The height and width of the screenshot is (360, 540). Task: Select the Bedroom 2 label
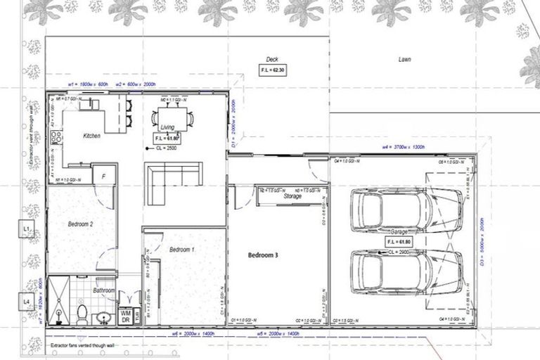(x=81, y=224)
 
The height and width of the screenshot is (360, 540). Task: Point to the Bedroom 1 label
(x=182, y=250)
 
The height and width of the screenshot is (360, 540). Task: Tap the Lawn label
(x=404, y=60)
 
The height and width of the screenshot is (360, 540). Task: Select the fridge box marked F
(x=103, y=175)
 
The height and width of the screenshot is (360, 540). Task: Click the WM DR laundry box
(x=126, y=316)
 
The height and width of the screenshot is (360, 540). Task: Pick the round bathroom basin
(x=104, y=317)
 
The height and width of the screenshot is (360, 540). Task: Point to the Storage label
(x=292, y=197)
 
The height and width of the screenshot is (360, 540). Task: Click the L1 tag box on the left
(x=25, y=230)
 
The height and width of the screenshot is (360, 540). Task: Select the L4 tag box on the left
(x=25, y=302)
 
